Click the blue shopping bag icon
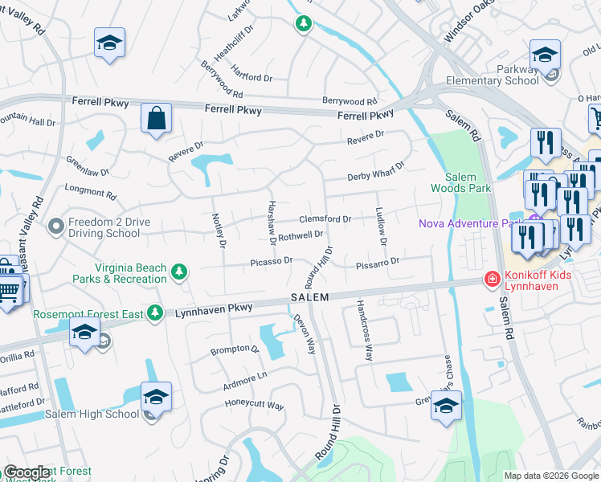(156, 118)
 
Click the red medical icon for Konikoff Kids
(490, 279)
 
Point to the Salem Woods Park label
(468, 182)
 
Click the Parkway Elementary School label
(500, 75)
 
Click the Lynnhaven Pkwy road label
(214, 308)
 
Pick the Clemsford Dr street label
(325, 219)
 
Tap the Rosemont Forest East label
(88, 313)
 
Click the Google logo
(27, 472)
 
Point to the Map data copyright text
(551, 476)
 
